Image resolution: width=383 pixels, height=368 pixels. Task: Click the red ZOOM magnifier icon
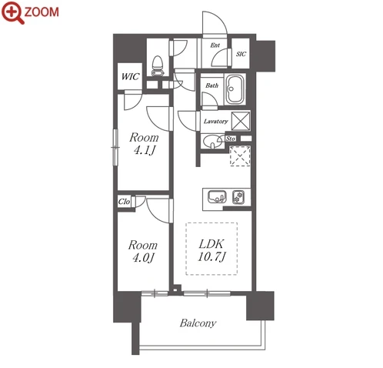[x=13, y=12]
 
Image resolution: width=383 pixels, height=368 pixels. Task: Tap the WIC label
[x=130, y=76]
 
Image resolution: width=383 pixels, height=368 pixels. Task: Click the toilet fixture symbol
[x=158, y=66]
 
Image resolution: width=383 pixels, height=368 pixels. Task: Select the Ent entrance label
[x=215, y=45]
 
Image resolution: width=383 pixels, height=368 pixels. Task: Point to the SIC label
[x=241, y=54]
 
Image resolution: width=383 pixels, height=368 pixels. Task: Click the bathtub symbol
[x=235, y=89]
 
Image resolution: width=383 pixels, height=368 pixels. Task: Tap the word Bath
[x=211, y=85]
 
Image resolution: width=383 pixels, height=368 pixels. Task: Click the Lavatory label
[x=215, y=121]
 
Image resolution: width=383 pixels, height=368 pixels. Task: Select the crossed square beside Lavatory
[x=241, y=121]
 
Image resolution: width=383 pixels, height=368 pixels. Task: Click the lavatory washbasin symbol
[x=212, y=142]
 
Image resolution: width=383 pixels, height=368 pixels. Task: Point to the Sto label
[x=230, y=139]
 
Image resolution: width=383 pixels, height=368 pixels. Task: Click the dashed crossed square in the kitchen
[x=240, y=156]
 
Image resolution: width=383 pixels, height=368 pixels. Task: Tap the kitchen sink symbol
[x=217, y=197]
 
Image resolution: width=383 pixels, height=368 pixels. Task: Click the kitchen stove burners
[x=238, y=197]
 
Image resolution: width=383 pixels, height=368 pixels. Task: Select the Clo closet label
[x=124, y=202]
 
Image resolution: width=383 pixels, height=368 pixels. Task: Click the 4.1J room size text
[x=145, y=151]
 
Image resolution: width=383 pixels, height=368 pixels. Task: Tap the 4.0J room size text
[x=143, y=258]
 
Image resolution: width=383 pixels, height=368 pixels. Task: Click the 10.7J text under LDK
[x=211, y=256]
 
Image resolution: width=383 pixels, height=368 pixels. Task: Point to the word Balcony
[x=198, y=323]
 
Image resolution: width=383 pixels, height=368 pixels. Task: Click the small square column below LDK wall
[x=175, y=290]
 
